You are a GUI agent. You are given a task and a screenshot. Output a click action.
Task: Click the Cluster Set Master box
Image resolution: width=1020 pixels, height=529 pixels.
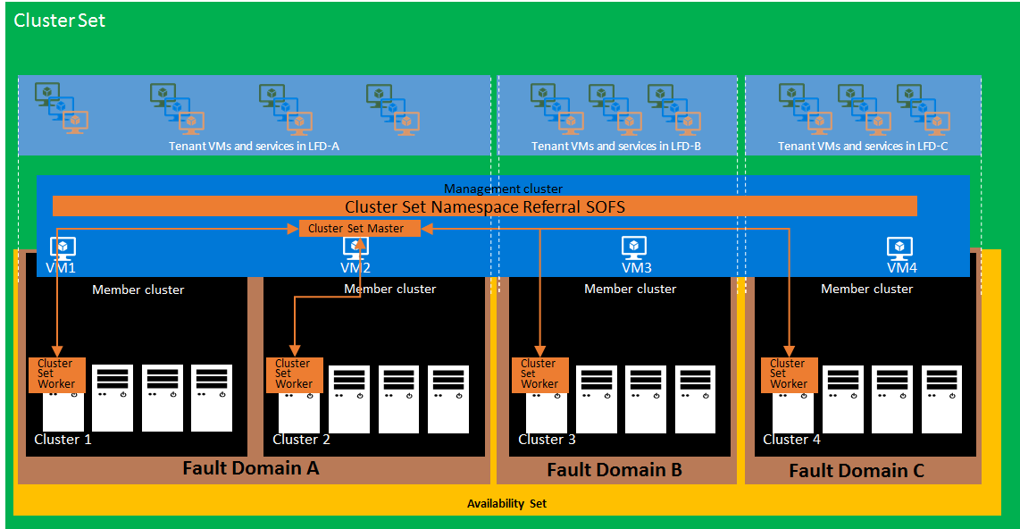click(355, 229)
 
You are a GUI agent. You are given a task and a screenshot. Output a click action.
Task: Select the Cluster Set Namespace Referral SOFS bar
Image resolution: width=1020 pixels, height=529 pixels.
click(485, 206)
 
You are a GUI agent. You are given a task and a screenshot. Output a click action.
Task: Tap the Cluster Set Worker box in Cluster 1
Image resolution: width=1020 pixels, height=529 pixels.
click(56, 374)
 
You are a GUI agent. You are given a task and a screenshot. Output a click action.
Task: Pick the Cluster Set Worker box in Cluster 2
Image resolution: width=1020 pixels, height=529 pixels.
click(294, 374)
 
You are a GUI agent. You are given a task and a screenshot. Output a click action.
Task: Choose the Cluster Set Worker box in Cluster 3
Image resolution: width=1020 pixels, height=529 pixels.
click(539, 374)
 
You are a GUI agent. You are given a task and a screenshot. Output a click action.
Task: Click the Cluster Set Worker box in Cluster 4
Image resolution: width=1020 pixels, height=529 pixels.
click(789, 374)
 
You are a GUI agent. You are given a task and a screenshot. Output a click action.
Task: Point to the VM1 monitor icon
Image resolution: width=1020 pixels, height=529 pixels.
click(62, 248)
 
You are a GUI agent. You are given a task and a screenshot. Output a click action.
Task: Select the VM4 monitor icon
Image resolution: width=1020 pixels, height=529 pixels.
click(899, 248)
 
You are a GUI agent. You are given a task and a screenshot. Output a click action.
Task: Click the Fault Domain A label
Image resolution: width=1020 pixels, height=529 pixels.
click(250, 468)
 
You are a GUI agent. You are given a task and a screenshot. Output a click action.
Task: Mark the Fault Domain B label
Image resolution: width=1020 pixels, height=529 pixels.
click(615, 470)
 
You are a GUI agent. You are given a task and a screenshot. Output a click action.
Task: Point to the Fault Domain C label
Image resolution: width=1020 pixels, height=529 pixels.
click(857, 471)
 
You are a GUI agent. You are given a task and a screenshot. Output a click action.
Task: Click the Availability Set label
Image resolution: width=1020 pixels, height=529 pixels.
click(506, 504)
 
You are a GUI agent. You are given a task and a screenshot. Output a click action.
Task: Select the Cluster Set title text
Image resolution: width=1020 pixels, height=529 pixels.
click(60, 21)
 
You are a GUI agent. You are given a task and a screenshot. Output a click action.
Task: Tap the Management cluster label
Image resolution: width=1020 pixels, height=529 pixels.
click(503, 189)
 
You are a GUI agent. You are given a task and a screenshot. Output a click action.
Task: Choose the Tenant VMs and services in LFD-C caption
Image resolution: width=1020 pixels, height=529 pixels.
click(863, 146)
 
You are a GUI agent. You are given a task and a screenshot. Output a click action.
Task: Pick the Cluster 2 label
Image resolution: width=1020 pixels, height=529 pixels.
click(301, 440)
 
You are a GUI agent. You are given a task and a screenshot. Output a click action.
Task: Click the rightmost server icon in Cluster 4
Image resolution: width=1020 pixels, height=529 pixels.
click(942, 398)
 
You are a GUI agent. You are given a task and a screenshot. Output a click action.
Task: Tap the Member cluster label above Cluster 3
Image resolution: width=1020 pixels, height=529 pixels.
click(630, 289)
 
